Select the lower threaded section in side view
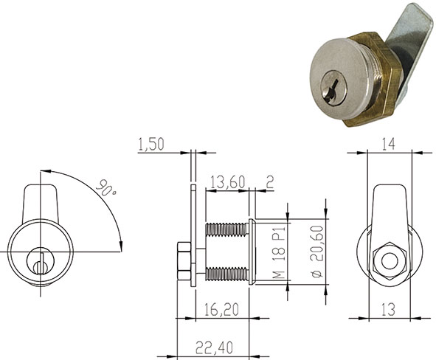[224, 275]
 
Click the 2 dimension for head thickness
[269, 182]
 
